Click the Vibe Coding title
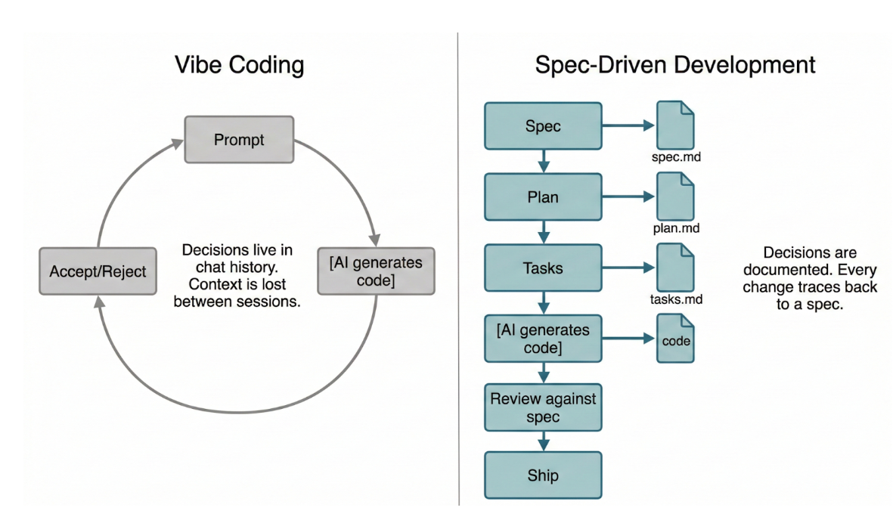pyautogui.click(x=239, y=64)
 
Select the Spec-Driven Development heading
pyautogui.click(x=675, y=64)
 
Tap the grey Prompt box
pyautogui.click(x=239, y=140)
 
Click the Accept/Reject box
pyautogui.click(x=98, y=271)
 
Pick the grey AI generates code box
pyautogui.click(x=376, y=271)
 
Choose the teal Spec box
pyautogui.click(x=543, y=125)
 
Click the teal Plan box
pyautogui.click(x=543, y=197)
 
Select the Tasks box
pyautogui.click(x=543, y=268)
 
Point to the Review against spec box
pyautogui.click(x=543, y=407)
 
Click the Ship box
pyautogui.click(x=543, y=475)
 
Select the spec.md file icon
pyautogui.click(x=675, y=125)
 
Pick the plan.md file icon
pyautogui.click(x=675, y=197)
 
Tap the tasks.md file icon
pyautogui.click(x=675, y=267)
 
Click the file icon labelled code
pyautogui.click(x=675, y=340)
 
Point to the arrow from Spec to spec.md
pyautogui.click(x=628, y=125)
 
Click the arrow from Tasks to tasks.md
pyautogui.click(x=628, y=268)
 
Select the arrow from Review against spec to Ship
pyautogui.click(x=543, y=441)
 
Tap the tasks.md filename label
pyautogui.click(x=676, y=299)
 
